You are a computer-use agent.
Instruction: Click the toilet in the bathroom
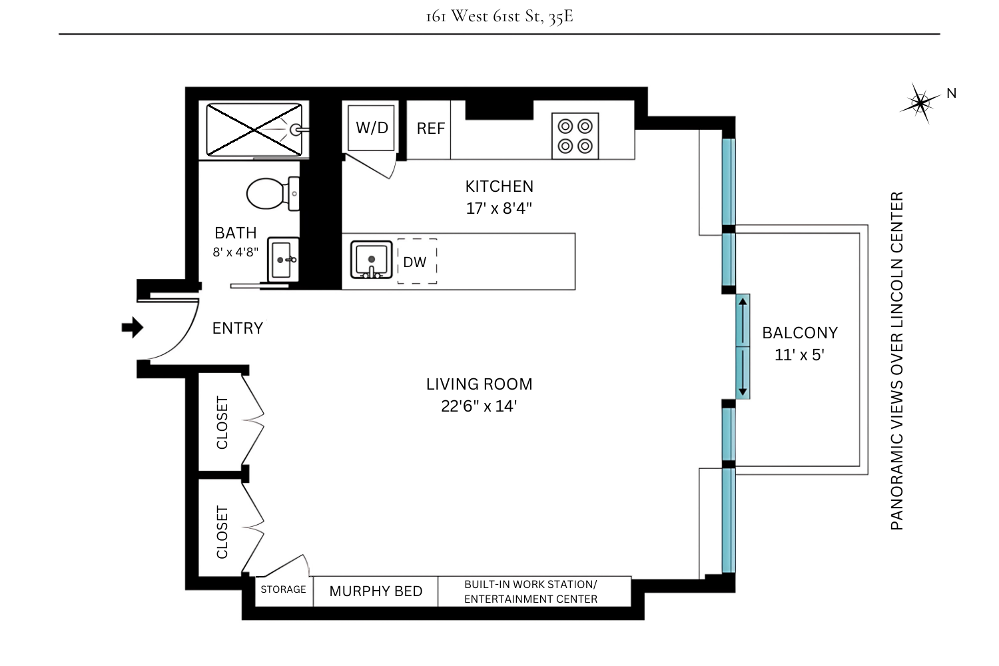(270, 193)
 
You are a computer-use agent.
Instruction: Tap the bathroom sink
(284, 259)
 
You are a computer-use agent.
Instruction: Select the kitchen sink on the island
(371, 260)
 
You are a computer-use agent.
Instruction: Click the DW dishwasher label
(415, 262)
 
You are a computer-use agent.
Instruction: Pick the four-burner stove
(575, 136)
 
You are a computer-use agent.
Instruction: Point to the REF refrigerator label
(430, 129)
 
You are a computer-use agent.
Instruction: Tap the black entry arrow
(133, 328)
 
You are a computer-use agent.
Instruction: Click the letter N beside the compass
(951, 94)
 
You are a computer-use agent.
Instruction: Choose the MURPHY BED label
(376, 591)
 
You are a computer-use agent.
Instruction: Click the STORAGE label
(283, 589)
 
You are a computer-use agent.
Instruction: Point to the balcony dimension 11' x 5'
(799, 355)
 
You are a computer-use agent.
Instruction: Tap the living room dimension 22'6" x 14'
(479, 406)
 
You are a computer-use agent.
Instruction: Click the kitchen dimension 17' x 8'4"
(499, 208)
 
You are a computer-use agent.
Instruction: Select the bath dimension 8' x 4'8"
(236, 252)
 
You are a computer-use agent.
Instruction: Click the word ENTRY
(238, 328)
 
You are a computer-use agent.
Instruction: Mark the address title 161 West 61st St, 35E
(499, 16)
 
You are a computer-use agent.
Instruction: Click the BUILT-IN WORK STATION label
(531, 584)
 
